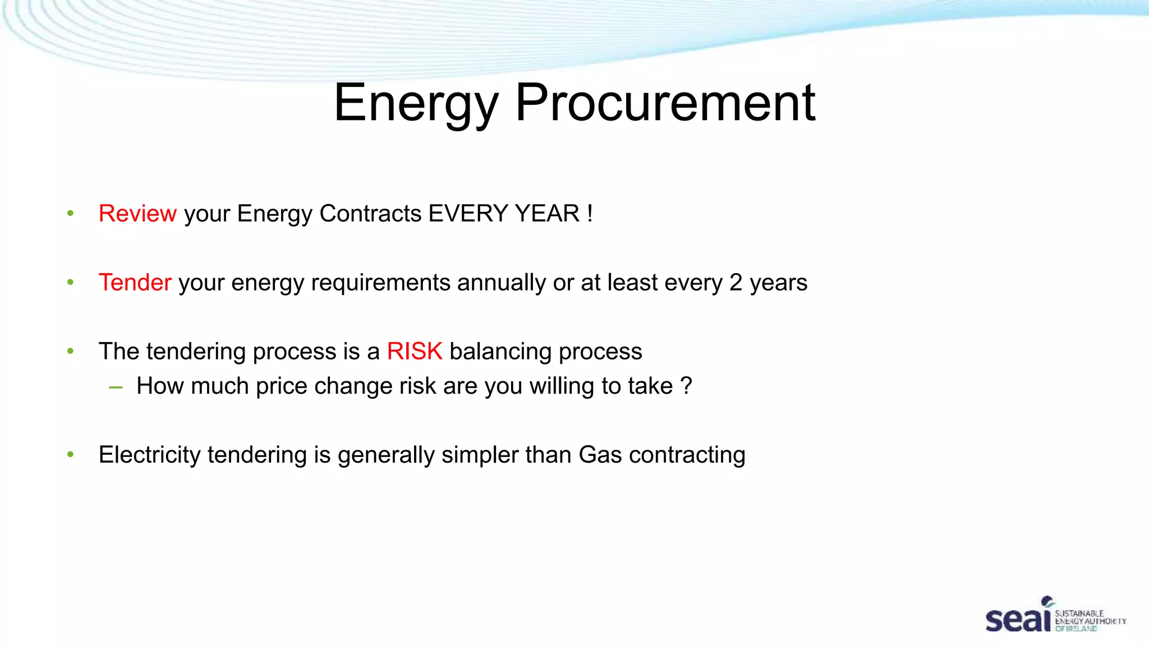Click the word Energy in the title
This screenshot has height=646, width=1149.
[x=416, y=104]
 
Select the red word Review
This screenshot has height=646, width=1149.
[x=137, y=214]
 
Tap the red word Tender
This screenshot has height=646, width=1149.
[x=135, y=283]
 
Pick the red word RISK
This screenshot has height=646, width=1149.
[x=415, y=352]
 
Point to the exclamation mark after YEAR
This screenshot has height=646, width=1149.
[x=590, y=214]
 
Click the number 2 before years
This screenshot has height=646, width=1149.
[x=736, y=283]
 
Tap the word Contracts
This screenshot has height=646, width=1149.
[x=370, y=214]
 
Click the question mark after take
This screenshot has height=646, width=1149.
[x=686, y=386]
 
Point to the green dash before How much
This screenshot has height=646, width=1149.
[x=116, y=387]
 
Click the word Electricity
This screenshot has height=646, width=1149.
[x=149, y=455]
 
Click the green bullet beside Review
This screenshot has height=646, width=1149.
[x=70, y=214]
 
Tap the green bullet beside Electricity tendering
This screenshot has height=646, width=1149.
[x=70, y=455]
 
